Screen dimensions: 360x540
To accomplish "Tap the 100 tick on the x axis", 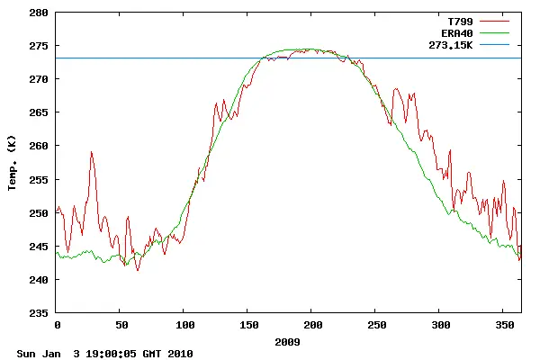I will point(184,325).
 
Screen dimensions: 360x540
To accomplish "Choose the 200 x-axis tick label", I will point(312,325).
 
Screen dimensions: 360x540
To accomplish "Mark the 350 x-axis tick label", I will point(504,325).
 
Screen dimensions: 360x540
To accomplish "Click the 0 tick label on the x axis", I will point(57,325).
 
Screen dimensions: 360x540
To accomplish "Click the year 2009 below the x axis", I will point(288,342).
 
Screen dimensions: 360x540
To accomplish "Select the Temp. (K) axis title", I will point(13,163).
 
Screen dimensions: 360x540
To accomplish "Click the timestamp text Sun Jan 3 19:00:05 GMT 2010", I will point(104,354).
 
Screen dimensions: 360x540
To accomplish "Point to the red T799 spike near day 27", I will point(92,152).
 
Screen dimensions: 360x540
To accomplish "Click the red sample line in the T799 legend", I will point(494,20).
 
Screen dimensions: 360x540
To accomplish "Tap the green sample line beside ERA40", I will point(494,31).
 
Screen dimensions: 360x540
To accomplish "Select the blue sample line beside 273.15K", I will point(494,43).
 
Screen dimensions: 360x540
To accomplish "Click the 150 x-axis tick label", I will point(248,325).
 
